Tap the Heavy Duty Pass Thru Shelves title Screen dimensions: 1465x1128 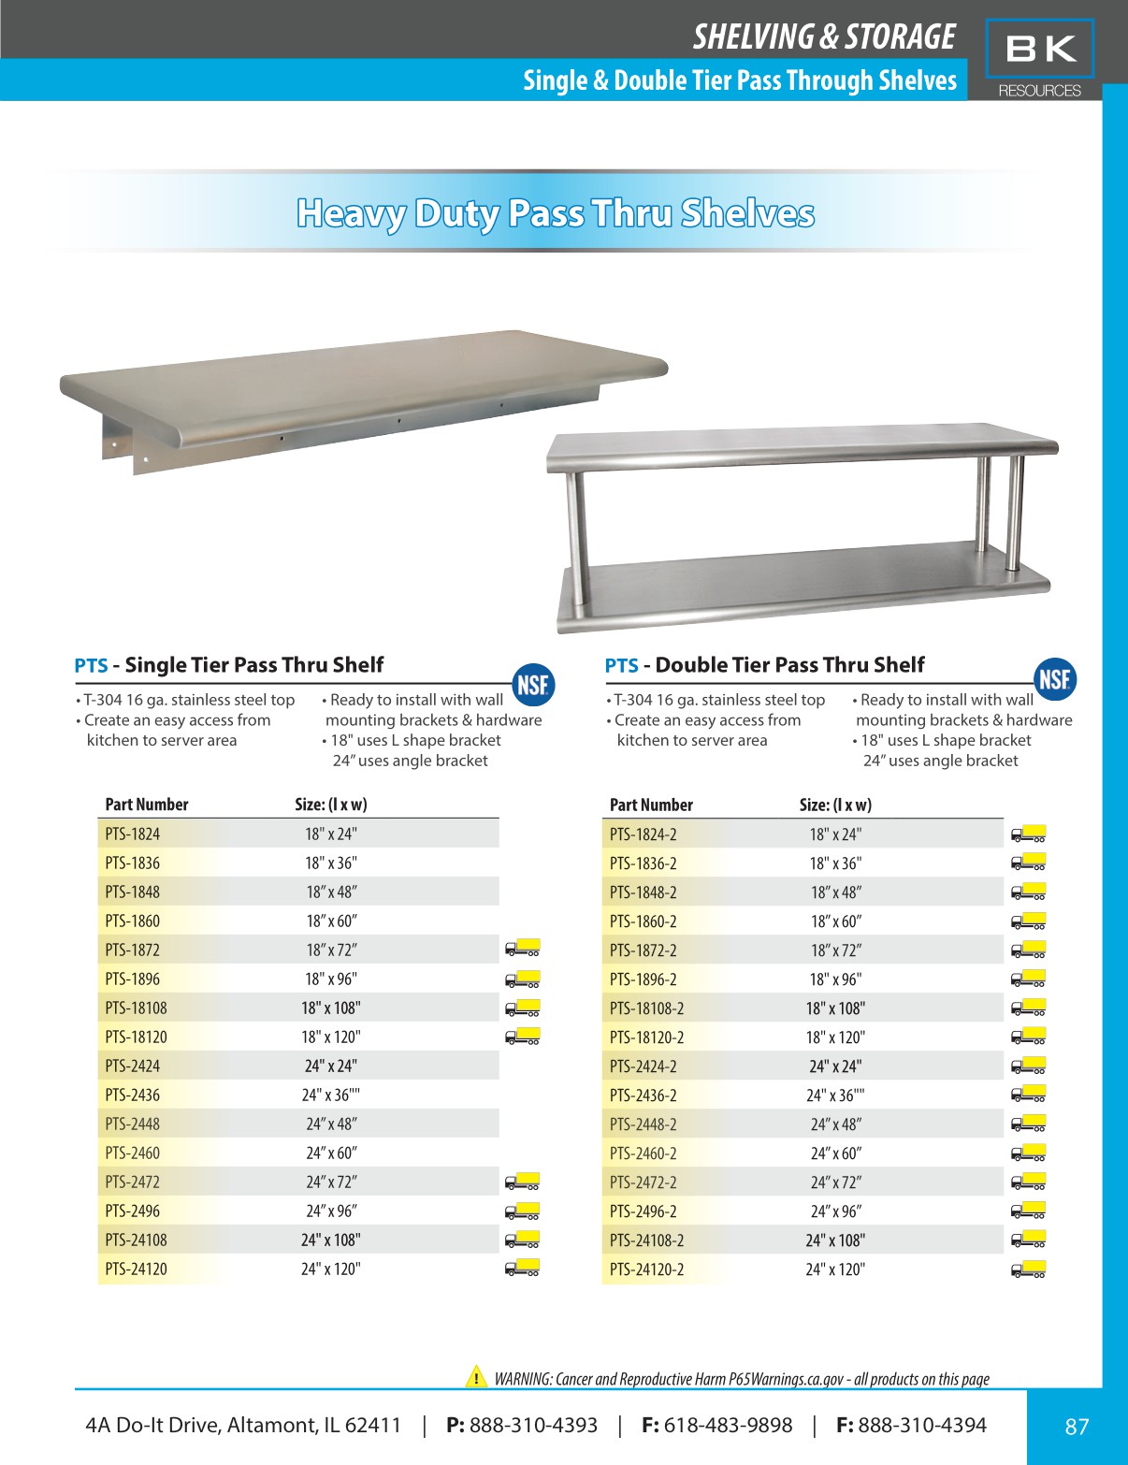coord(556,213)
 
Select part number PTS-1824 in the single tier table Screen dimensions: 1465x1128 coord(132,834)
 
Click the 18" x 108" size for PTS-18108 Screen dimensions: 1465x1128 coord(330,1008)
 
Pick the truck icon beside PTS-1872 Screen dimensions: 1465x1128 coord(522,949)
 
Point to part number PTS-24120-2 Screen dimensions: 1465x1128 coord(646,1269)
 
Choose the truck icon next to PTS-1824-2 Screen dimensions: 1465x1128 coord(1028,834)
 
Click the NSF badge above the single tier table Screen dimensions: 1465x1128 coord(533,684)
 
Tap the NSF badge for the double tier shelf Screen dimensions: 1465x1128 coord(1055,680)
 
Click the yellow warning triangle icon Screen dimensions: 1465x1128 coord(476,1377)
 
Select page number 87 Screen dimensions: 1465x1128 coord(1077,1426)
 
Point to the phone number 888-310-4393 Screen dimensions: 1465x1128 coord(533,1425)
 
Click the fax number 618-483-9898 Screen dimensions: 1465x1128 coord(728,1425)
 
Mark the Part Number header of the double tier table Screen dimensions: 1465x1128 coord(651,805)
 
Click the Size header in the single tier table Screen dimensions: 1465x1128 coord(330,804)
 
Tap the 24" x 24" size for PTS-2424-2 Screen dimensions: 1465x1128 coord(835,1066)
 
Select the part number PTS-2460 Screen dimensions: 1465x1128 coord(132,1153)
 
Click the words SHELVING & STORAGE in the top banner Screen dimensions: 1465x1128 coord(823,36)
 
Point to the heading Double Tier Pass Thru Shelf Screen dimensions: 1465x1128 coord(789,665)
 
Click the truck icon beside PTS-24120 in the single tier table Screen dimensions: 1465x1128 coord(522,1269)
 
